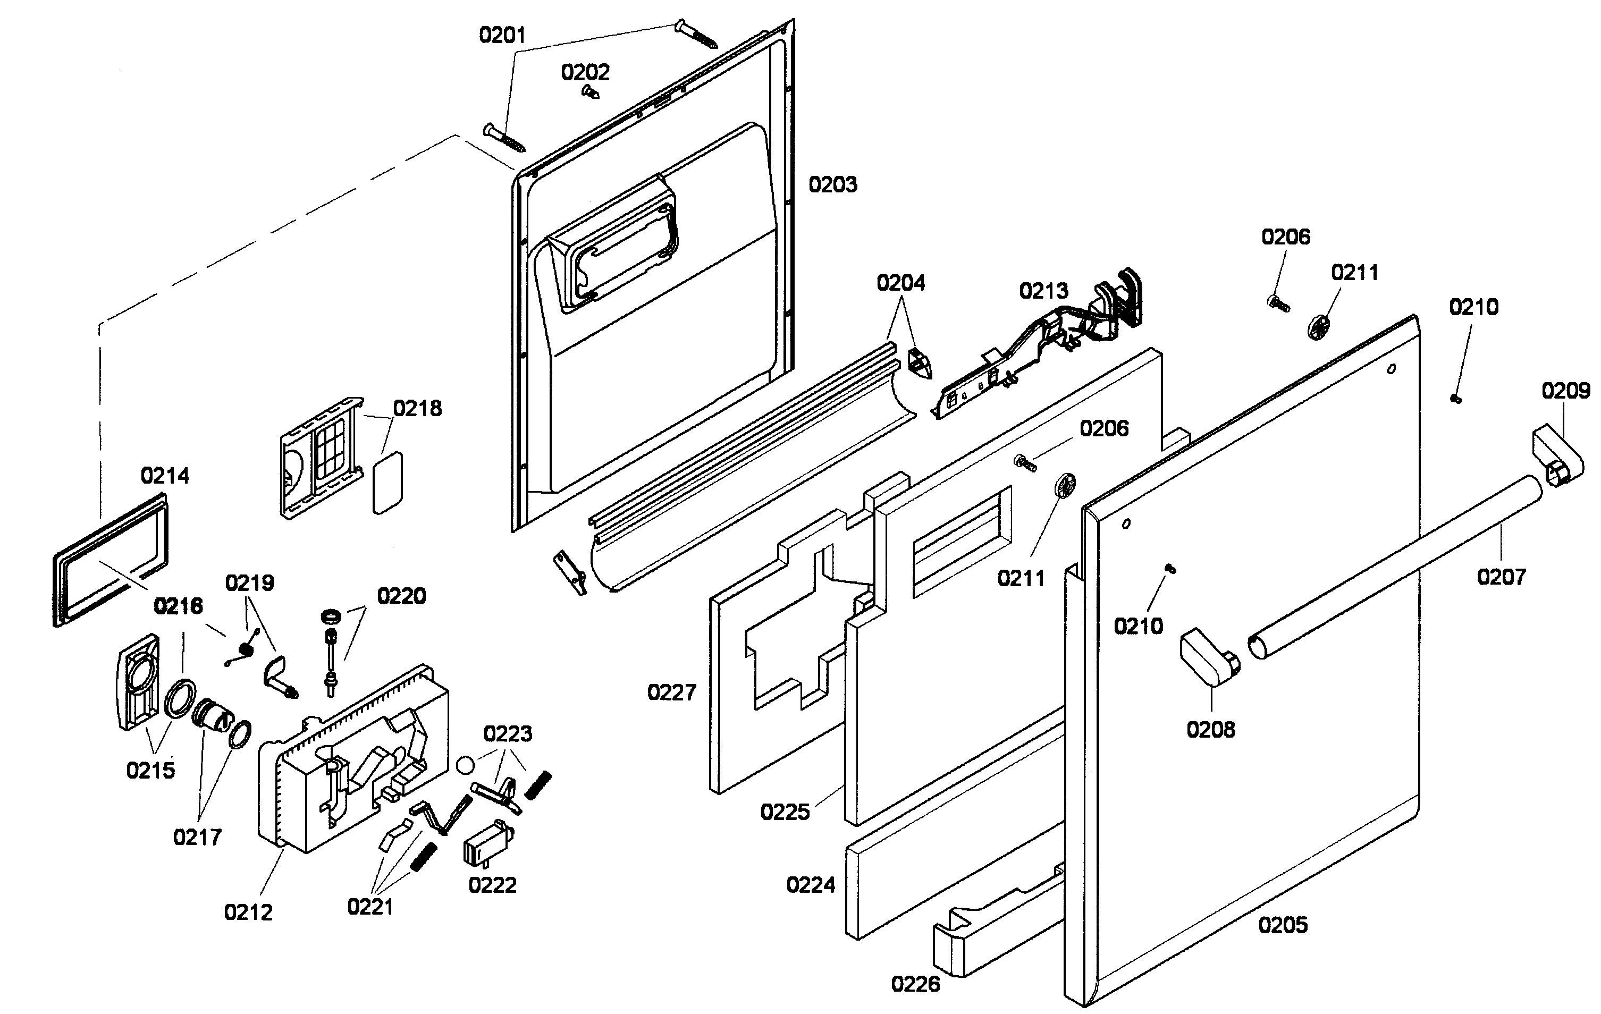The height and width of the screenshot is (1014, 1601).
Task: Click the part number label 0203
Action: click(832, 184)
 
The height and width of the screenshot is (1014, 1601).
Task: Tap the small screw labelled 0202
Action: click(589, 92)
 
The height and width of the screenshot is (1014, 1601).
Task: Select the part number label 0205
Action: click(1283, 925)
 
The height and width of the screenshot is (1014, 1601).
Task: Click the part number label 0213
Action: click(1043, 291)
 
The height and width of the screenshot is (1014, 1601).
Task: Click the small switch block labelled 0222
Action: click(488, 845)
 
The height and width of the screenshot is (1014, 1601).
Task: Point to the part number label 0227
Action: click(671, 693)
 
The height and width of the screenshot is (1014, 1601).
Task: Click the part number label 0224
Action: click(811, 885)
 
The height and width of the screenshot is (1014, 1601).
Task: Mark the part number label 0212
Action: click(248, 912)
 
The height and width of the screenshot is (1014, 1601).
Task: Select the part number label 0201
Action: click(502, 35)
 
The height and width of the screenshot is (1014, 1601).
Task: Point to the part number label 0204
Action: click(900, 283)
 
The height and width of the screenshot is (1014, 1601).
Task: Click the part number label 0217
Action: click(197, 837)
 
